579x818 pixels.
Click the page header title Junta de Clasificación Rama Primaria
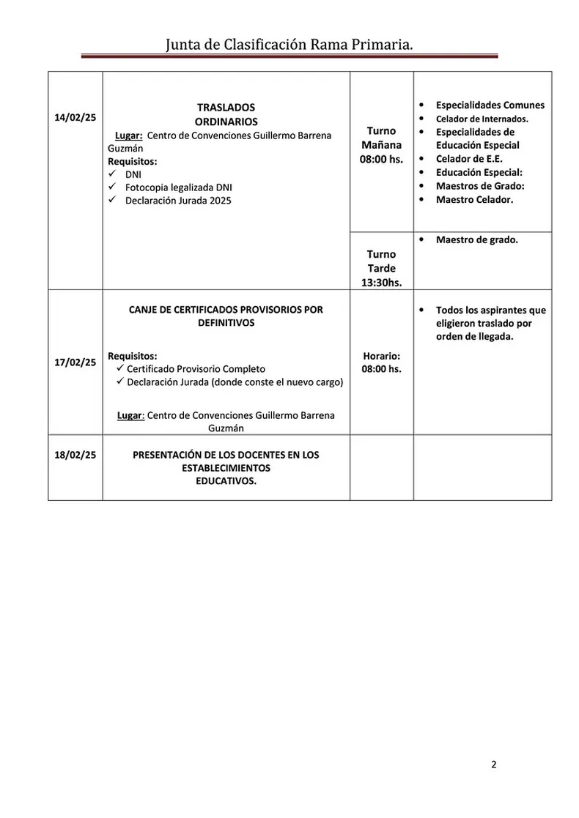289,45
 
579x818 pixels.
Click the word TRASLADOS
226,107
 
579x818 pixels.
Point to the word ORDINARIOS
226,122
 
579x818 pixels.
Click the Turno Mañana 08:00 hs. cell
381,144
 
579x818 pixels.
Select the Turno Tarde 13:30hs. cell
381,267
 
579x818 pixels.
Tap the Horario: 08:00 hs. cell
381,362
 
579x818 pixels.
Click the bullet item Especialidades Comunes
490,105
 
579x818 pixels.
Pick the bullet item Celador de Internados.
482,119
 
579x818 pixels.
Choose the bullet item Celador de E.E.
469,158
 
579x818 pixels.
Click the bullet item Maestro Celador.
474,199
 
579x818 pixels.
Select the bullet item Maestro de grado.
476,239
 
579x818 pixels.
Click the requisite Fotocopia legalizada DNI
178,187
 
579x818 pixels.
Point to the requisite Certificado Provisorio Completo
196,368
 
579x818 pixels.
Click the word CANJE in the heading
144,310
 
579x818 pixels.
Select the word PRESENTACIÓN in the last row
168,455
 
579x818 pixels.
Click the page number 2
493,765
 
